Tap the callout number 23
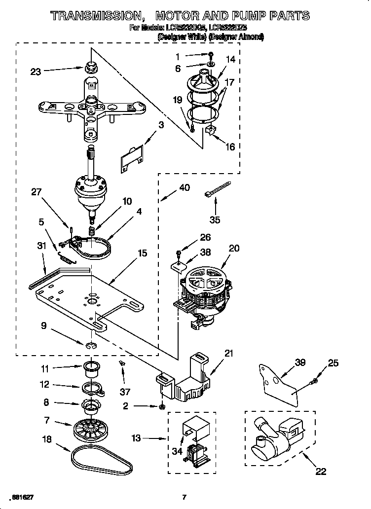(x=36, y=72)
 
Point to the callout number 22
(x=321, y=472)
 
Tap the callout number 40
(x=184, y=187)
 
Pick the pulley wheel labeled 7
(x=91, y=429)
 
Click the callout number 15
(x=142, y=254)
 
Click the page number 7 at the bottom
(x=184, y=497)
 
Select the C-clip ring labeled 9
(x=91, y=346)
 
